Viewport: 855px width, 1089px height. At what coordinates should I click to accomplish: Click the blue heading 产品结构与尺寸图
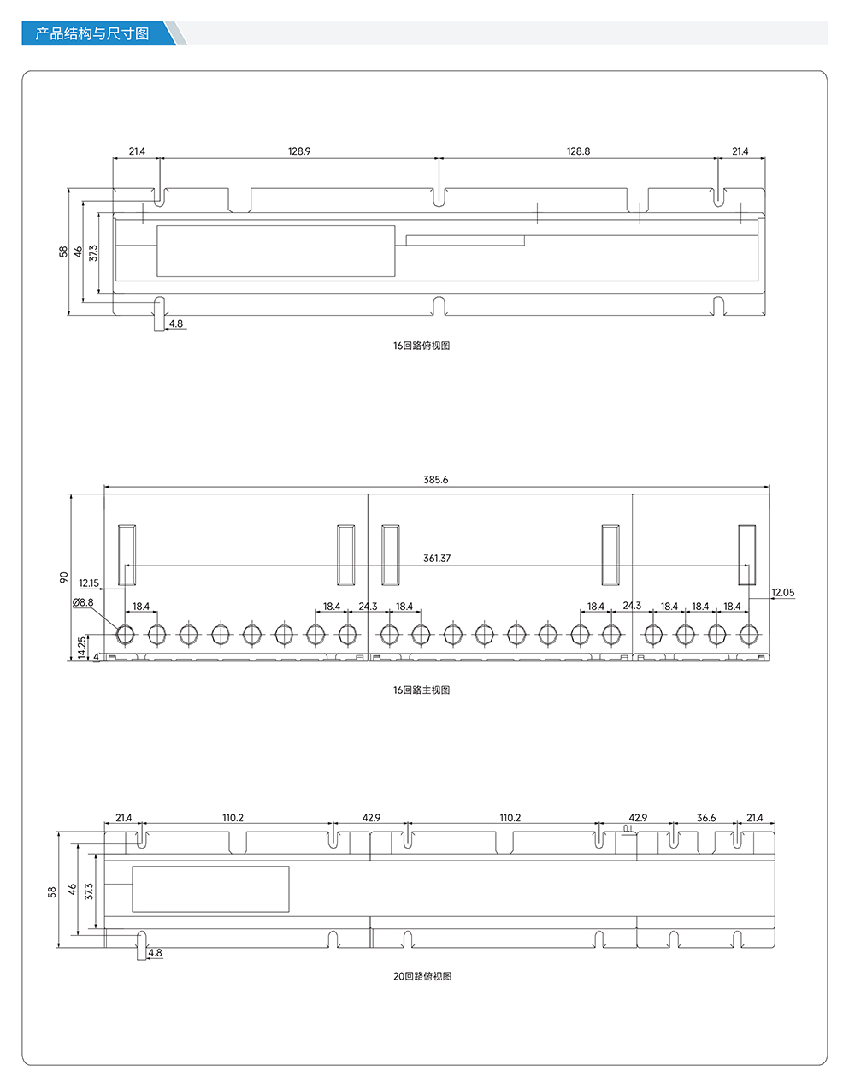(92, 33)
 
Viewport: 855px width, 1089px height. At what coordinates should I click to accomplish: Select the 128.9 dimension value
(299, 151)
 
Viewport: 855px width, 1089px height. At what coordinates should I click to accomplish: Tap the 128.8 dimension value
(578, 151)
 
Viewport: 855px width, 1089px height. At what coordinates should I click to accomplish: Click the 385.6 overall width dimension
(436, 480)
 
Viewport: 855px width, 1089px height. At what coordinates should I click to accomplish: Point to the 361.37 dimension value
(437, 559)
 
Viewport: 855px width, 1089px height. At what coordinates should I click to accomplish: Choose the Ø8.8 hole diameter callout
(83, 602)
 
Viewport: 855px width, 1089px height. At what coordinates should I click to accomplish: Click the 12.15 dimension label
(89, 583)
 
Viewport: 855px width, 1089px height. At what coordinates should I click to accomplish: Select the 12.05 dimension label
(783, 592)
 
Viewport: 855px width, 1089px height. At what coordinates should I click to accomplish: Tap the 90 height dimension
(63, 577)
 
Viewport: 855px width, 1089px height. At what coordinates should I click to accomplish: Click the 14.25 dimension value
(82, 647)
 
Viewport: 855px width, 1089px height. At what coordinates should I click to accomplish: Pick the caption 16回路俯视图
(422, 346)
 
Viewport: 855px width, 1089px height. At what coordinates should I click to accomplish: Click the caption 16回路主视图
(422, 690)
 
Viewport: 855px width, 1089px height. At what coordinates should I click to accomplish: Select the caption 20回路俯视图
(422, 976)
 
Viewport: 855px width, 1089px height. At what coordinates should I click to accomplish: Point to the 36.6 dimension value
(706, 818)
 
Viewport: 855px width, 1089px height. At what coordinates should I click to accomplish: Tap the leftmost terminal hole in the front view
(125, 635)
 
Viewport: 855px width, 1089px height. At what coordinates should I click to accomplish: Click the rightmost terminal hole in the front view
(748, 635)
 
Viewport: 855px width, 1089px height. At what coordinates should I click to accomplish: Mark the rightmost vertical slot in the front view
(747, 555)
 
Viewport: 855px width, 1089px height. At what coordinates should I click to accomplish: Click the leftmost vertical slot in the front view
(127, 555)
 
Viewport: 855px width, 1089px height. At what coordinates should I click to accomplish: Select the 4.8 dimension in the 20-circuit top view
(156, 953)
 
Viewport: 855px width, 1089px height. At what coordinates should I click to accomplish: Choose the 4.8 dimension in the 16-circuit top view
(176, 323)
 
